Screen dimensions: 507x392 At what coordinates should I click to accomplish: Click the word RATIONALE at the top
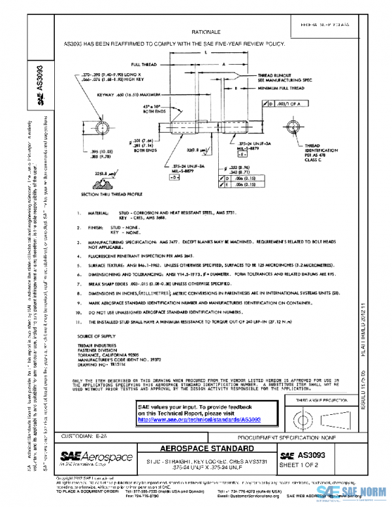click(207, 31)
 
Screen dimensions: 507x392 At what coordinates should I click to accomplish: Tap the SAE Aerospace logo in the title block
click(88, 455)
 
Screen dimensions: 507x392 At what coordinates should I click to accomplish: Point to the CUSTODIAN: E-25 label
click(79, 435)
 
